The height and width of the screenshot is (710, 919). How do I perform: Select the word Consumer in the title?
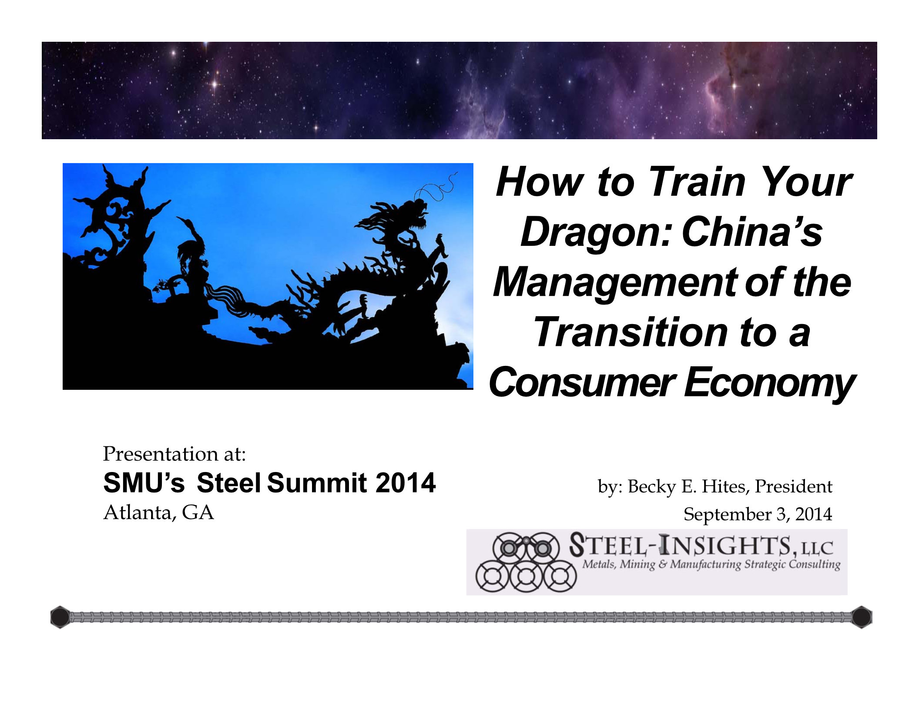[582, 382]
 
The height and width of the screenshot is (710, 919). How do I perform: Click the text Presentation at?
[174, 454]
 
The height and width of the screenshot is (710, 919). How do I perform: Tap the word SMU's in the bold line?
[144, 483]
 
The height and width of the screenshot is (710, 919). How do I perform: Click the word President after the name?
[794, 486]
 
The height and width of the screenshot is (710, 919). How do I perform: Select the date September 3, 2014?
[758, 514]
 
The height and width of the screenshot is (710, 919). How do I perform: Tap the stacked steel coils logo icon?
[526, 562]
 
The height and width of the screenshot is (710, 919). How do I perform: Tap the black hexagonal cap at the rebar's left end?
[60, 617]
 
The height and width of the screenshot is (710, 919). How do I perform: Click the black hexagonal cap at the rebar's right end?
[862, 617]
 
